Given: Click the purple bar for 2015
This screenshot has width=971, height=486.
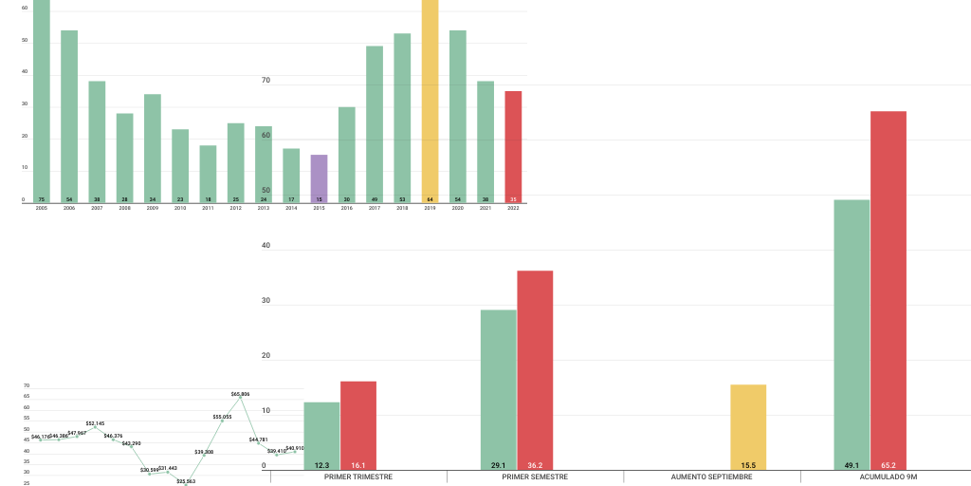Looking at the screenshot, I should tap(319, 178).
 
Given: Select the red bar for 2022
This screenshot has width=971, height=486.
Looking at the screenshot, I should tap(513, 146).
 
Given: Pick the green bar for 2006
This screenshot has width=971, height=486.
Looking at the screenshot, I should tap(69, 116).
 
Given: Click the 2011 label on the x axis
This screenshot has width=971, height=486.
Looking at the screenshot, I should tap(208, 208).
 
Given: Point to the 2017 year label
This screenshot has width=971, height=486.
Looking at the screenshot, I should tap(375, 208).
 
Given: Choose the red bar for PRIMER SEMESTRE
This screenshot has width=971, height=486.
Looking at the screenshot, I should tap(535, 370).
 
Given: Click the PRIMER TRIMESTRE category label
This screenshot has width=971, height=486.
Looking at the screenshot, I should tap(357, 477).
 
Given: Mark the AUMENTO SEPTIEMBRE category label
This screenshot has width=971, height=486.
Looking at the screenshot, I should tap(711, 477).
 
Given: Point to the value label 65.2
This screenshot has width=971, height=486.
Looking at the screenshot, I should tap(889, 465).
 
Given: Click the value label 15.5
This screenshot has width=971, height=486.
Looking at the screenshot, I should tap(748, 465).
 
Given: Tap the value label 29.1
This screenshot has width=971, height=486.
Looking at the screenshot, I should tap(498, 465).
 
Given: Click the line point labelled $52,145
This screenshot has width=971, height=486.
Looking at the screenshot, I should tap(95, 428).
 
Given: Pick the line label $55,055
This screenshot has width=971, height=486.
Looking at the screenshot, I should tap(222, 417).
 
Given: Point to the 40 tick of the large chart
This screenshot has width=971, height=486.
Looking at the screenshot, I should tap(266, 246).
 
